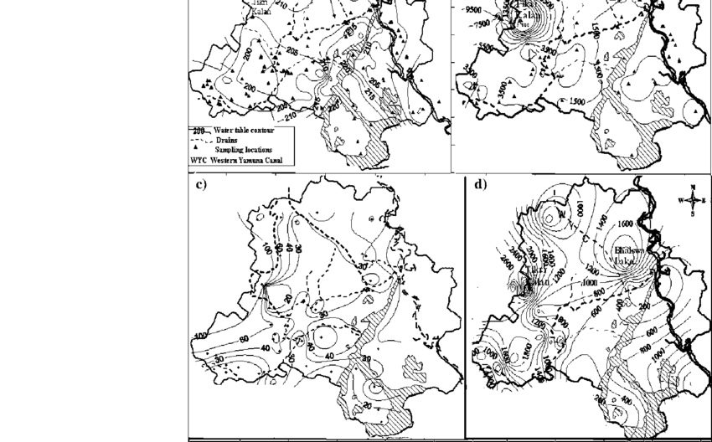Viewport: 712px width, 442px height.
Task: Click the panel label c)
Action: (x=201, y=185)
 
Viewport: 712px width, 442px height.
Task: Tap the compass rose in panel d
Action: (x=689, y=200)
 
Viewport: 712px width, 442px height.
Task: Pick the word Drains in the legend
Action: (x=227, y=141)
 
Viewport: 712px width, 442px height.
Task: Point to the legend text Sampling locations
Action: (x=246, y=149)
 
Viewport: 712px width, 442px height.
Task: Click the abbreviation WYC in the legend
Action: (x=199, y=158)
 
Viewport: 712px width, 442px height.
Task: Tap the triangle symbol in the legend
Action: (x=196, y=146)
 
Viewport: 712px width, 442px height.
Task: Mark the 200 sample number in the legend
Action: (x=199, y=131)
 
